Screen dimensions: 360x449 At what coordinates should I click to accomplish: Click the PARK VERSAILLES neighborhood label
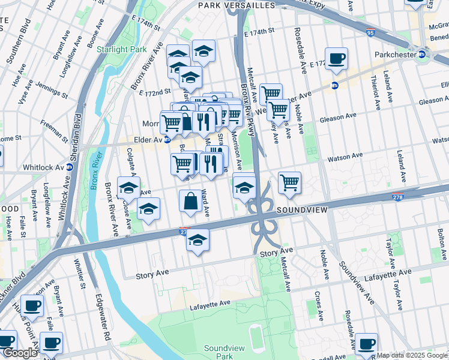tap(237, 5)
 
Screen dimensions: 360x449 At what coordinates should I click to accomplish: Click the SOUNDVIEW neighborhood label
tap(302, 211)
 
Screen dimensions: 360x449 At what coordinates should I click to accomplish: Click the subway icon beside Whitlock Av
tap(69, 167)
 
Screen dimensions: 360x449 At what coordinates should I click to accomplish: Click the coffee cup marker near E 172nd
tap(336, 59)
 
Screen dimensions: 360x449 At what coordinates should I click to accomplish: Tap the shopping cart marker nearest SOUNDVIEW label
tap(289, 182)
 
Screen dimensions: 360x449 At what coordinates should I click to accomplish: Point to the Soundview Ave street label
tap(357, 282)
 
